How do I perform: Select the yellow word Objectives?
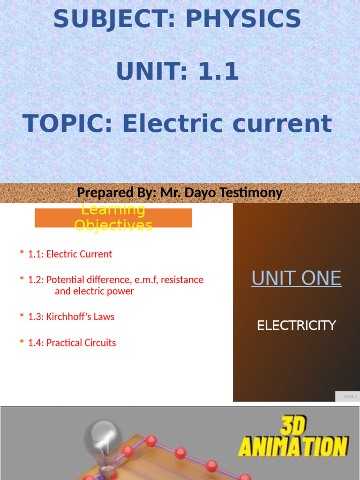pos(113,225)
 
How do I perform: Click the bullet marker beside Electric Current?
pos(22,253)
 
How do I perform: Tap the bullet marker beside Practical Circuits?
pos(22,341)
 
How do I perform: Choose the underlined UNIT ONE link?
pos(296,278)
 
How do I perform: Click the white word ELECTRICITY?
pos(296,325)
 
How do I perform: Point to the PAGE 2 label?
pos(350,397)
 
